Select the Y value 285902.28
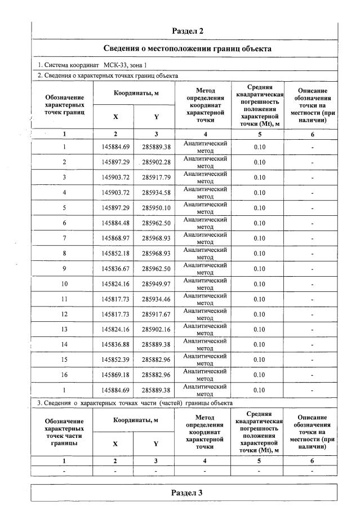(x=156, y=162)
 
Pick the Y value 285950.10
(x=156, y=208)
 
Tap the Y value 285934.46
(x=156, y=299)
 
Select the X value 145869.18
(x=115, y=375)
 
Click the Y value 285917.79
(x=156, y=178)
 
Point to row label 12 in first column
(x=64, y=314)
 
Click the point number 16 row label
(x=64, y=375)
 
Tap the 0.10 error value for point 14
(x=259, y=344)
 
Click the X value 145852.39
(x=115, y=360)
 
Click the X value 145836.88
(x=115, y=344)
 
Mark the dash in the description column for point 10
(x=312, y=284)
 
